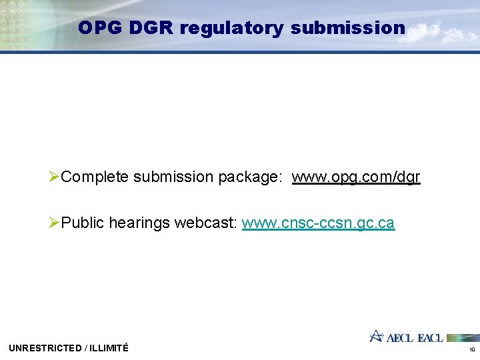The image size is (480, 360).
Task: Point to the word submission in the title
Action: [x=347, y=28]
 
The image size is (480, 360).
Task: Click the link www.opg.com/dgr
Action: [x=356, y=177]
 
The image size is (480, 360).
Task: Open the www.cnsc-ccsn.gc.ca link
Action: [x=318, y=223]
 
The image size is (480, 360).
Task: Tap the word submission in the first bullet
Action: [x=173, y=177]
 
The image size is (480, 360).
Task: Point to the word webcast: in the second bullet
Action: [x=206, y=223]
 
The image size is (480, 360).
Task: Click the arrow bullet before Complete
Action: [x=55, y=177]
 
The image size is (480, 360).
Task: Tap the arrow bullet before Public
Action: [x=55, y=223]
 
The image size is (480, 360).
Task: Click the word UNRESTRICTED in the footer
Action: [x=43, y=348]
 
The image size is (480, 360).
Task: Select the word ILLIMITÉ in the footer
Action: [x=108, y=348]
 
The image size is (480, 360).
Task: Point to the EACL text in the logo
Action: [x=430, y=337]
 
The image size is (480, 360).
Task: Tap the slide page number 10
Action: [x=471, y=349]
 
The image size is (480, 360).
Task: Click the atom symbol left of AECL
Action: [x=377, y=336]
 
